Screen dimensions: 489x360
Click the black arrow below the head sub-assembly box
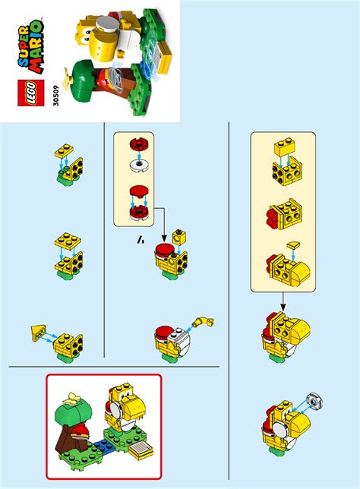click(x=283, y=301)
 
